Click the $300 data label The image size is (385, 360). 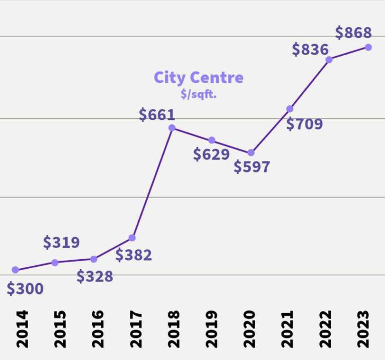[x=25, y=289]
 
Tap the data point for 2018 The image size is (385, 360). [x=172, y=128]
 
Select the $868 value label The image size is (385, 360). [x=353, y=33]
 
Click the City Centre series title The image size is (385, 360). [x=199, y=78]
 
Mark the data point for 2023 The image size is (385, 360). [x=368, y=47]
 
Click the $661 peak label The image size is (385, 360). [x=157, y=115]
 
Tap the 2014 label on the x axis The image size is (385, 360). [x=23, y=329]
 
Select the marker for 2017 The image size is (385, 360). [x=132, y=238]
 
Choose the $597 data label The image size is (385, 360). [x=252, y=167]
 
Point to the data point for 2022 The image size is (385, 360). [x=329, y=60]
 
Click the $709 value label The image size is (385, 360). [x=304, y=124]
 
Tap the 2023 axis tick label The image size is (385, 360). [x=364, y=329]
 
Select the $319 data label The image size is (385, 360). [x=61, y=243]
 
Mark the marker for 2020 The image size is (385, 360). [x=251, y=152]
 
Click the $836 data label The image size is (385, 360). [x=310, y=50]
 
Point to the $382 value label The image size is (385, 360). [x=133, y=255]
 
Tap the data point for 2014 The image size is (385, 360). [x=16, y=270]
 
